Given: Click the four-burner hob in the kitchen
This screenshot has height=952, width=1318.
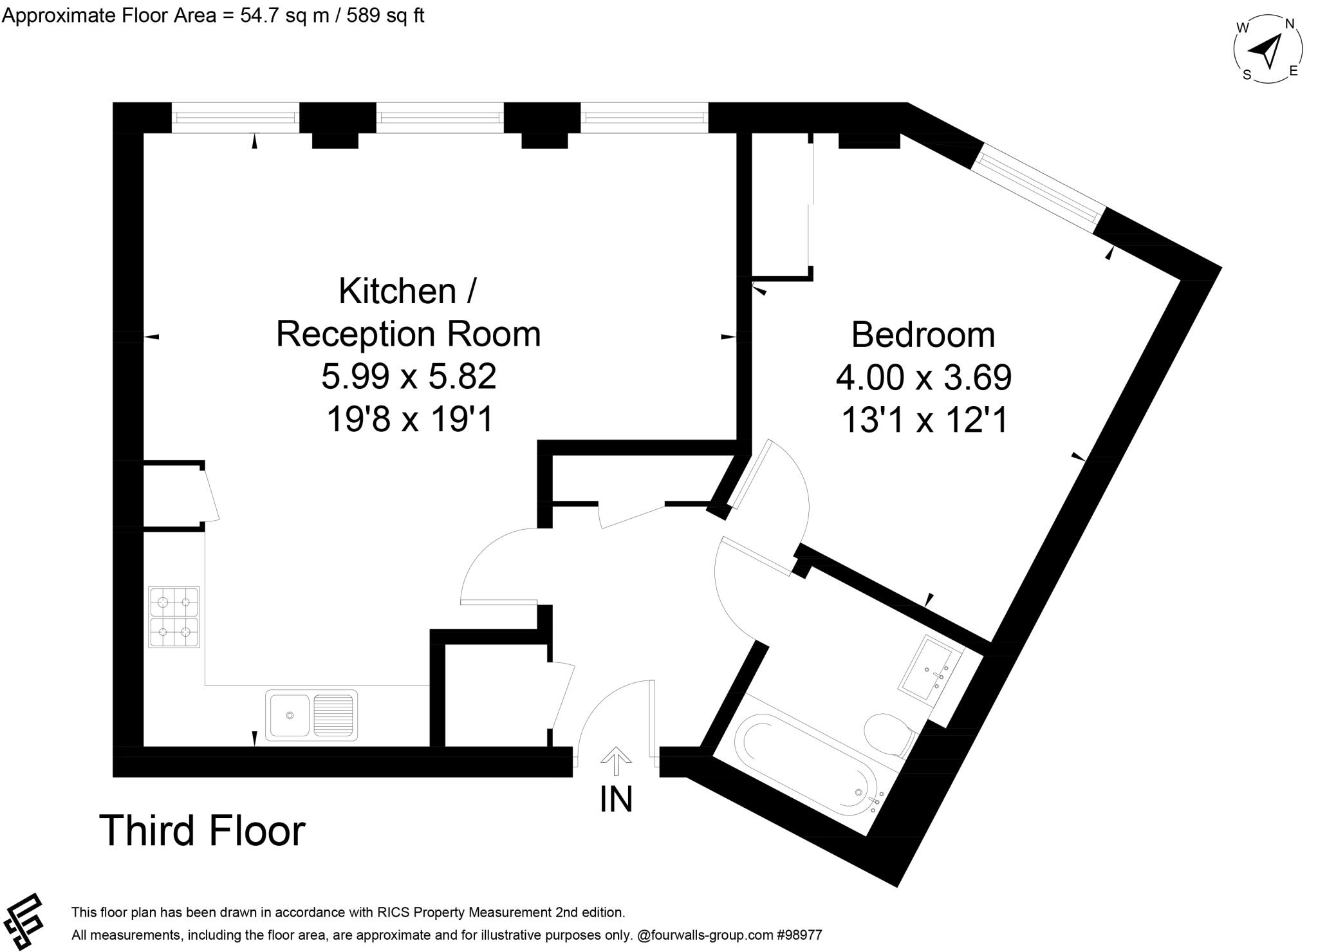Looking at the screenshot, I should coord(174,617).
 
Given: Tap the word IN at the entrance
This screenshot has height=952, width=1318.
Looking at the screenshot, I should coord(616,799).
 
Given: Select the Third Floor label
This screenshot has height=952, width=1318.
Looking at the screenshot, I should coord(202,830).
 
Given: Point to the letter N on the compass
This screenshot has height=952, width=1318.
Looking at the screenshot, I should coord(1289,24).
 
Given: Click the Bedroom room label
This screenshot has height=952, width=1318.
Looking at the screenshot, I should coord(922,335).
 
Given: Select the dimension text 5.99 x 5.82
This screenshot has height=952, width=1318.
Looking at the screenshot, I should coord(409,377).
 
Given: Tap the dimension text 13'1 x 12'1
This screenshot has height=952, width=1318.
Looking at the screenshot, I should coord(924,420).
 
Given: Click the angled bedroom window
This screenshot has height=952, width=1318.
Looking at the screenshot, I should coord(1038,187).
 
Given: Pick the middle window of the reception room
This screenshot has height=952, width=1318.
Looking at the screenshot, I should coord(440,118).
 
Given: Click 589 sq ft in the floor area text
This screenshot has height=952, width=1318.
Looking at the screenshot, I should coord(385,15).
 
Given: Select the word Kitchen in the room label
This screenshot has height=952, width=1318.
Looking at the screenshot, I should coord(397,291).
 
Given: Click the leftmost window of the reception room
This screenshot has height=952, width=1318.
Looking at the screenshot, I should coord(236,118).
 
